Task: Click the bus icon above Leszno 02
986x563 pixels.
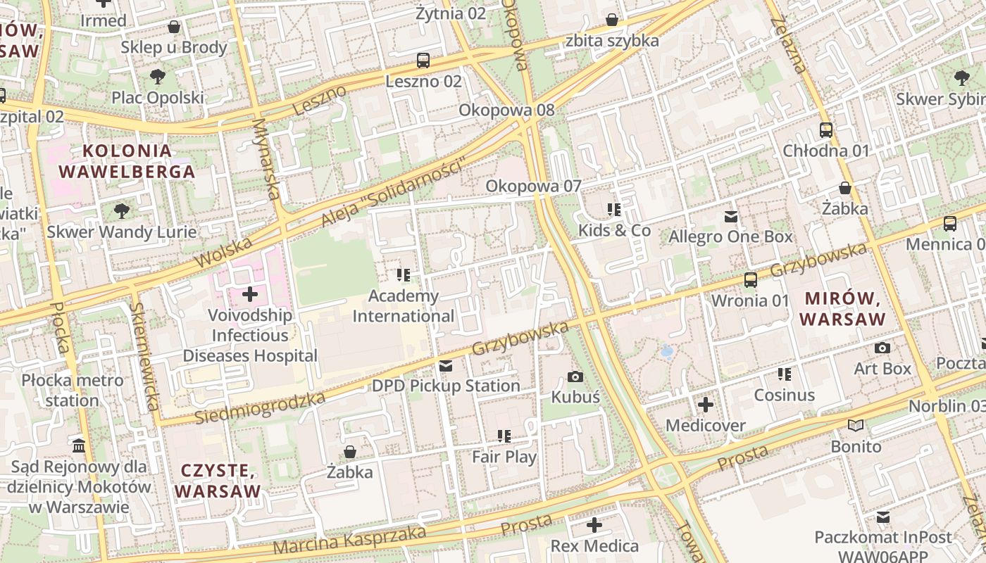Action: tap(423, 61)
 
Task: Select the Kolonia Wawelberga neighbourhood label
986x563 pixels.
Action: tap(127, 161)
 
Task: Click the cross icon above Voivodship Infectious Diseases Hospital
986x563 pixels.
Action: tap(250, 293)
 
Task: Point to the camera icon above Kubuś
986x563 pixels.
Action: tap(575, 377)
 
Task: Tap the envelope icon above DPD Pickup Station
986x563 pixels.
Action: tap(446, 366)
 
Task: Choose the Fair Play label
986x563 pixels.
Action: tap(504, 457)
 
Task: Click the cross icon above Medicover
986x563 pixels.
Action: tap(706, 405)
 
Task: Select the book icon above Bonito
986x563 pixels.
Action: tap(856, 426)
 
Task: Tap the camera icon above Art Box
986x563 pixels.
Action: tap(882, 348)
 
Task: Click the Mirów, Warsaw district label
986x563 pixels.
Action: tap(842, 309)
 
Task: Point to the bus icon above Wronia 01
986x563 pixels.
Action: tap(751, 280)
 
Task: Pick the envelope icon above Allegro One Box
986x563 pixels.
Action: tap(731, 216)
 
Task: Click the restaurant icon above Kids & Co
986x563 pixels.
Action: tap(615, 210)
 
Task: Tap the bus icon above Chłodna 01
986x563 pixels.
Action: tap(826, 130)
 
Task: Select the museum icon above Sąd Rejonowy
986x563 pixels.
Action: tap(79, 445)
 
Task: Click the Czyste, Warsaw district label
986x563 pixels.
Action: tap(218, 481)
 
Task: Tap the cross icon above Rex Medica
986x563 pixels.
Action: tap(594, 525)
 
